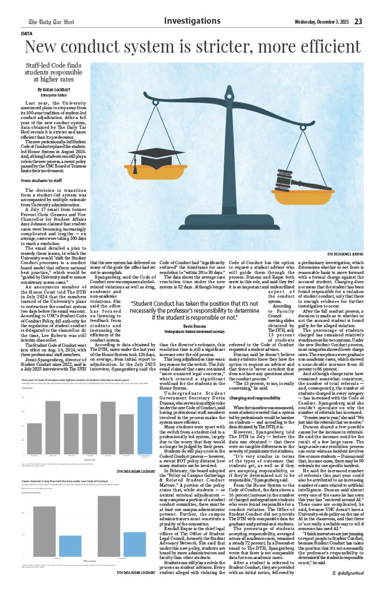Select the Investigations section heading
tap(192, 21)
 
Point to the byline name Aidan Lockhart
tap(56, 90)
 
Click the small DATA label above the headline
tap(27, 34)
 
